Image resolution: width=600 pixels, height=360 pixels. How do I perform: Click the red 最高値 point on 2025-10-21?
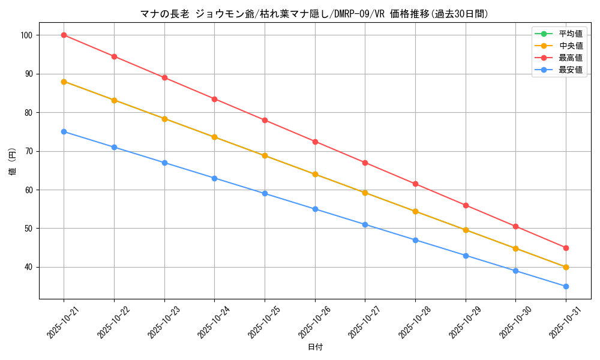[x=64, y=35]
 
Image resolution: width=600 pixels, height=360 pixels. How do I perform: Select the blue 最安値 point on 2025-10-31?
[x=566, y=286]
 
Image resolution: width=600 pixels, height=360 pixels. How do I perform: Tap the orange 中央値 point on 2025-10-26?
[x=315, y=174]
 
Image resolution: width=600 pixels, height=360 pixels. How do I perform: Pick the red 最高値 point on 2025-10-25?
[x=265, y=120]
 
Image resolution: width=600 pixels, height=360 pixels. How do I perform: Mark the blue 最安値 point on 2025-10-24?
[x=214, y=178]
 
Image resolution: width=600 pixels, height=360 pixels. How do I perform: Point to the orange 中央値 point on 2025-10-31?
[x=566, y=267]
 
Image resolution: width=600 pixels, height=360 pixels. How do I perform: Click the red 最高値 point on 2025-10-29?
[x=466, y=205]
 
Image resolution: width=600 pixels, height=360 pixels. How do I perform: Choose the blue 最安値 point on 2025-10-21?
[x=64, y=131]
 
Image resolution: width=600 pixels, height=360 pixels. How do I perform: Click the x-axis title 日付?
[x=315, y=347]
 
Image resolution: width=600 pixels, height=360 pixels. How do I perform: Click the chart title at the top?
[x=315, y=14]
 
